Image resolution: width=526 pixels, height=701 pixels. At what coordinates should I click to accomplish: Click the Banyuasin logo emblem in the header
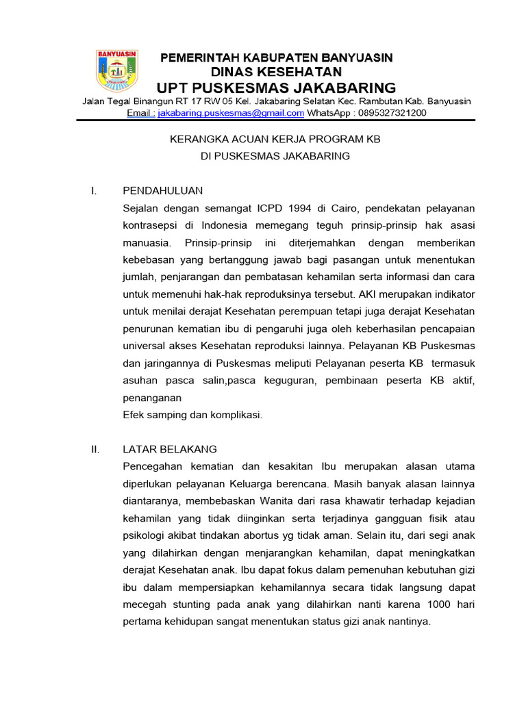(116, 71)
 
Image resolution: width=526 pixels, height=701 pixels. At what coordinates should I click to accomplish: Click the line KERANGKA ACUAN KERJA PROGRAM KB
(275, 139)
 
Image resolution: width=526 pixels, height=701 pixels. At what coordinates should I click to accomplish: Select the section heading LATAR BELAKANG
(169, 449)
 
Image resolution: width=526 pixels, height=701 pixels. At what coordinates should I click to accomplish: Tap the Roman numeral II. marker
(95, 449)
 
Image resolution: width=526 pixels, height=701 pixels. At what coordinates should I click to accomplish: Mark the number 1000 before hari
(440, 605)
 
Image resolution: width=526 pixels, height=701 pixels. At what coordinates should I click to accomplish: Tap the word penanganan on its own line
(151, 397)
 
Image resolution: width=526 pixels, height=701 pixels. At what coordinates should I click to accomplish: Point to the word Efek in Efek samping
(134, 414)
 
